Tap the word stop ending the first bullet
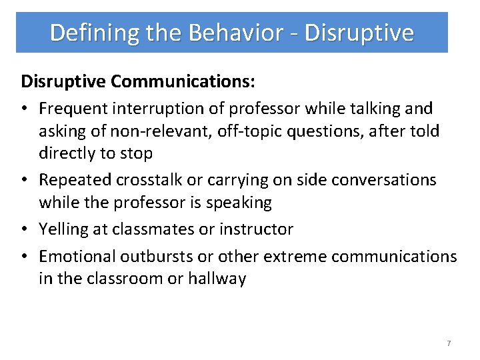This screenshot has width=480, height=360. [137, 153]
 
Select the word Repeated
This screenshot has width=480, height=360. [74, 180]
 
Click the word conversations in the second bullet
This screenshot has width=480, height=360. [383, 180]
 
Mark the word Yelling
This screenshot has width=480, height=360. [63, 229]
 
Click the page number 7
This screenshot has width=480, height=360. [449, 343]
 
